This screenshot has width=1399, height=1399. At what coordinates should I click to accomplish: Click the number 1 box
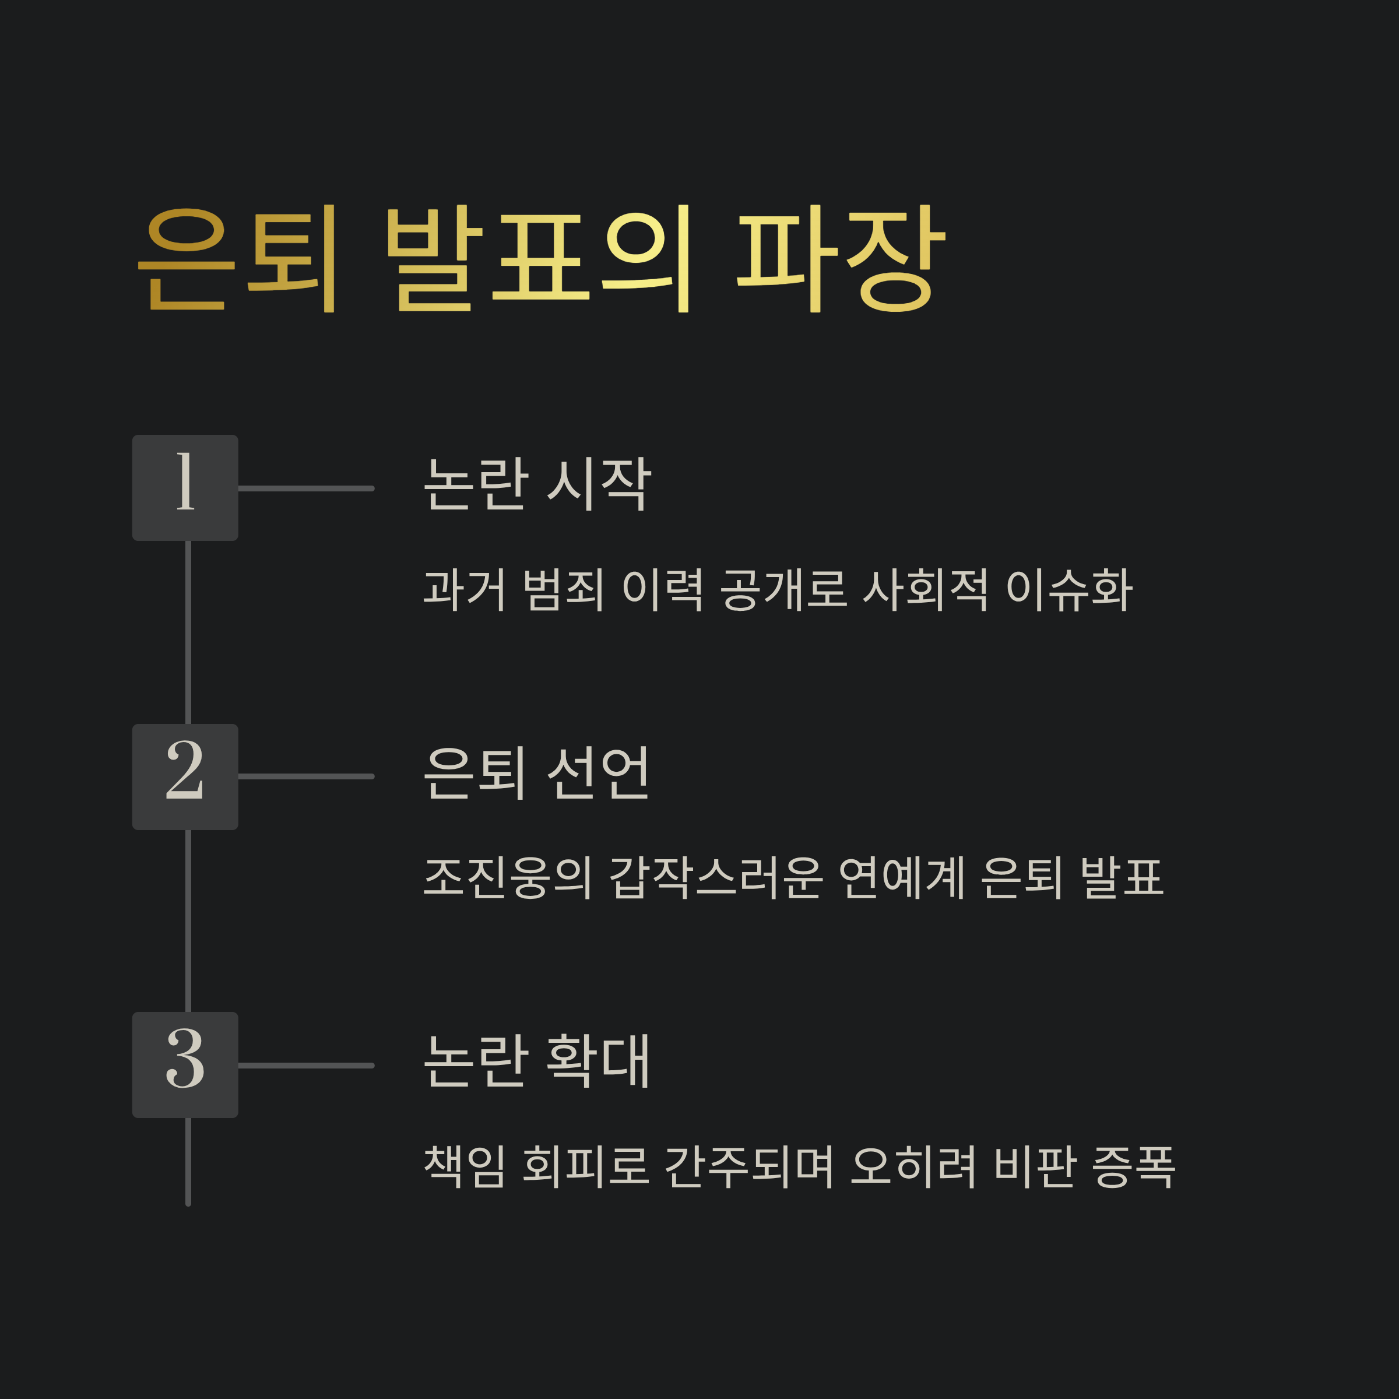185,487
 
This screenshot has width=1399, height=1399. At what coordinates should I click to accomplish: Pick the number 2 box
185,776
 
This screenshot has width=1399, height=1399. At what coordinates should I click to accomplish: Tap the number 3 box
185,1064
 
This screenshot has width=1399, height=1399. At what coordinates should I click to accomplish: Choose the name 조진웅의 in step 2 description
508,878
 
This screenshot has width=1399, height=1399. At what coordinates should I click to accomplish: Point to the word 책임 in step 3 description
463,1166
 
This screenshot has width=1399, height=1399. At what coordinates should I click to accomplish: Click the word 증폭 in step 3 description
1133,1166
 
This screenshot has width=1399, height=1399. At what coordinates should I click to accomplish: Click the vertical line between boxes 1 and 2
188,632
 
